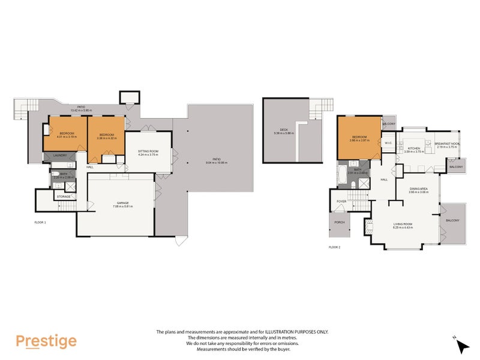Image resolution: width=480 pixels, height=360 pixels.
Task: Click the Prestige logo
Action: (x=46, y=341)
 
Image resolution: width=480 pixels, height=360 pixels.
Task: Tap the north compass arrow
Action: (x=461, y=346)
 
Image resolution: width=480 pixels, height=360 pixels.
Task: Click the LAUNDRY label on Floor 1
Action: (x=59, y=156)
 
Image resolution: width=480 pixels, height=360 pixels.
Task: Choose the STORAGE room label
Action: (x=63, y=196)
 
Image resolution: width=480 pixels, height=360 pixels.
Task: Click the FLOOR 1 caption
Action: (x=41, y=222)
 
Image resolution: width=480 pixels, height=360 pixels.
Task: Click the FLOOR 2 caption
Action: (x=334, y=247)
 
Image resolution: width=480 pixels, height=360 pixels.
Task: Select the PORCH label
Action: (x=340, y=222)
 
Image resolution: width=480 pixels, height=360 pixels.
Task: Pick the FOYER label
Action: (x=341, y=202)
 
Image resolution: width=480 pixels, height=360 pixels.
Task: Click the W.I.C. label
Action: (x=388, y=143)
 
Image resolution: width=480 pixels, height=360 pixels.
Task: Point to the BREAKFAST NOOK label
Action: (x=448, y=143)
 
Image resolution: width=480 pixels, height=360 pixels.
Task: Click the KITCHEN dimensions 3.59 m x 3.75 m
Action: (x=414, y=152)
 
